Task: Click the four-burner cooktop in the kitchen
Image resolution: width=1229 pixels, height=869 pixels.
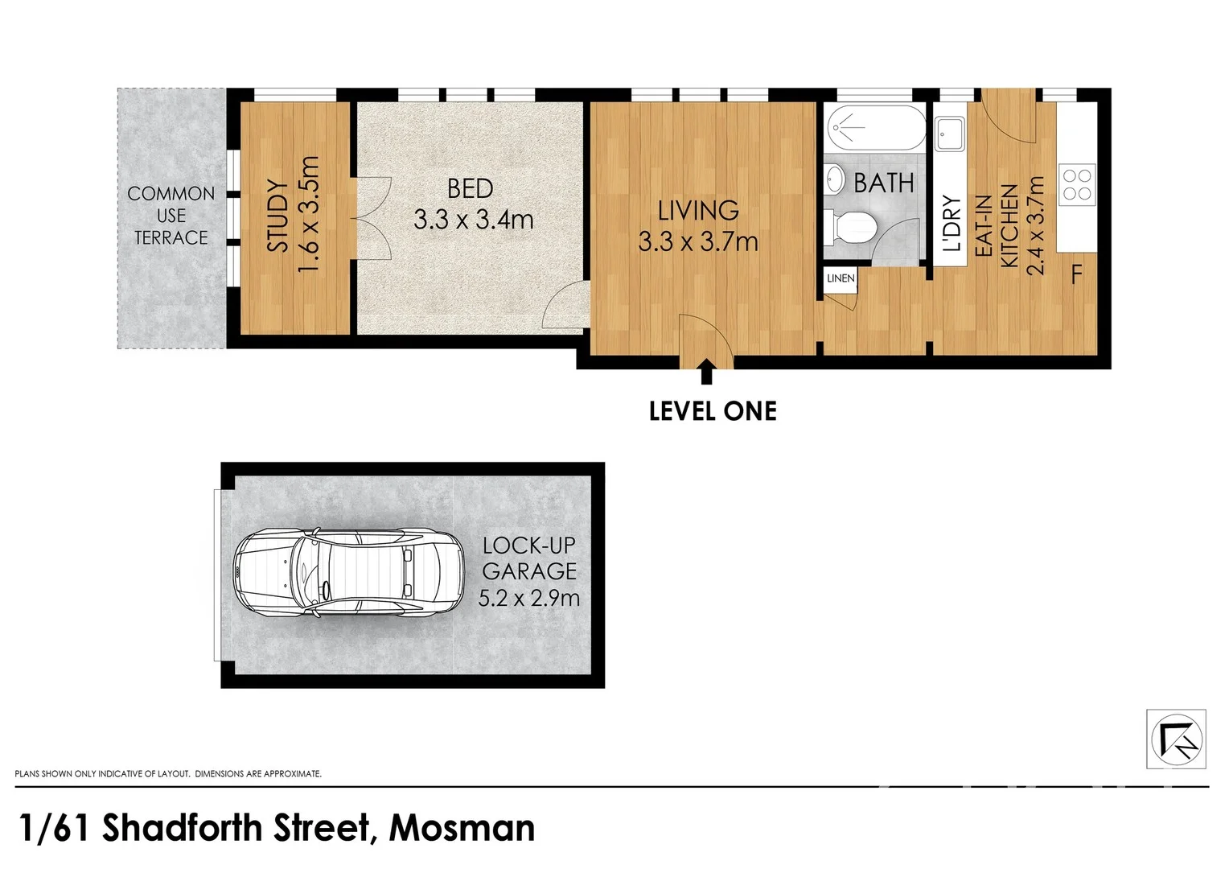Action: click(x=1076, y=183)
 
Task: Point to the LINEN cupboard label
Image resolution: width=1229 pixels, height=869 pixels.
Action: click(x=841, y=278)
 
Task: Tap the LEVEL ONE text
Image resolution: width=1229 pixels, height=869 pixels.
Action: click(x=713, y=411)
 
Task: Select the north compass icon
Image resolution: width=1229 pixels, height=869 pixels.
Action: click(x=1175, y=739)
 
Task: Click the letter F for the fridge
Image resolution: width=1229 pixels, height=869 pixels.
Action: click(x=1076, y=275)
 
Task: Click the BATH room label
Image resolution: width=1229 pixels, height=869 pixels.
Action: click(x=883, y=183)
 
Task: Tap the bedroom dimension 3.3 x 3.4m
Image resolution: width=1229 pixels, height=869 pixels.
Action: click(x=473, y=219)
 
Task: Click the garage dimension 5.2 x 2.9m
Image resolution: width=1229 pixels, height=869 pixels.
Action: click(x=528, y=598)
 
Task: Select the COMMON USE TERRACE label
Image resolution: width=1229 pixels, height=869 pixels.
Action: click(x=171, y=216)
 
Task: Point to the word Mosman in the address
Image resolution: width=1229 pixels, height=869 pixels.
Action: click(x=462, y=828)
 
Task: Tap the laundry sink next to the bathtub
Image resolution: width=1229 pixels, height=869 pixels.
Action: click(x=950, y=134)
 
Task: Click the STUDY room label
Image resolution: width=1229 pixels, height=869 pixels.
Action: click(x=277, y=216)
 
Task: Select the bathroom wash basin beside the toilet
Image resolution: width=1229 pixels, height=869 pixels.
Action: click(x=835, y=179)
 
